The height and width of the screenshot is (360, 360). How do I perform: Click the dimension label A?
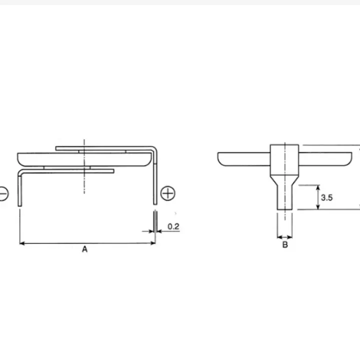(x=84, y=249)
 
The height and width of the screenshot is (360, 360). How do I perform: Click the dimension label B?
(x=285, y=244)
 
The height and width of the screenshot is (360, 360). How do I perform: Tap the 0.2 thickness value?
(x=173, y=226)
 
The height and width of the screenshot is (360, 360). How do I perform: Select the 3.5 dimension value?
(x=326, y=197)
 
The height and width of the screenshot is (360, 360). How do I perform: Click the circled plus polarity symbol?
(x=168, y=193)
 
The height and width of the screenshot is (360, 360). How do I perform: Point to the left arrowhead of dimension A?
(x=22, y=243)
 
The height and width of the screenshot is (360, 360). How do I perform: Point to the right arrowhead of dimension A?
(x=153, y=243)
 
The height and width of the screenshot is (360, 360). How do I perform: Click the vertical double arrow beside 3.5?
(x=318, y=197)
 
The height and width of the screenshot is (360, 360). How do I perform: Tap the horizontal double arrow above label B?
(x=284, y=237)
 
